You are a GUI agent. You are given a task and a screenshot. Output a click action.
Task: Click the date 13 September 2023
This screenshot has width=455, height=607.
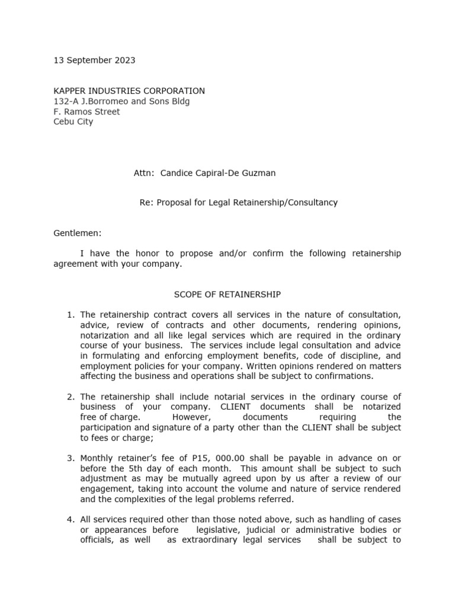(94, 60)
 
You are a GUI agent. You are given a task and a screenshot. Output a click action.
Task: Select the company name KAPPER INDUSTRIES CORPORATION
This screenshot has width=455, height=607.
(129, 91)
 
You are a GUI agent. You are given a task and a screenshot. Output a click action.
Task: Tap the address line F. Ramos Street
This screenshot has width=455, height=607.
(86, 111)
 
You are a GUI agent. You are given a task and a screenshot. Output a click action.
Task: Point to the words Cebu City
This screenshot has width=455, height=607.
(73, 122)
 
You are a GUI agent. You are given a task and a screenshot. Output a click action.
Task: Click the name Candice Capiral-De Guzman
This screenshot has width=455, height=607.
(218, 173)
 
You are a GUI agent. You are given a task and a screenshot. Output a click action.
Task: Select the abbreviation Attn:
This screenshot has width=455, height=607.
(144, 173)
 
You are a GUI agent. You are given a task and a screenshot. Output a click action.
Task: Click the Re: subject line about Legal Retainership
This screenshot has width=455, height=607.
(238, 202)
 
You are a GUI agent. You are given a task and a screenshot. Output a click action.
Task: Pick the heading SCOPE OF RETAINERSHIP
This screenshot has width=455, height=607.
(227, 294)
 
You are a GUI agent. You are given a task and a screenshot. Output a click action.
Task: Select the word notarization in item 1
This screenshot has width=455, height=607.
(105, 335)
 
